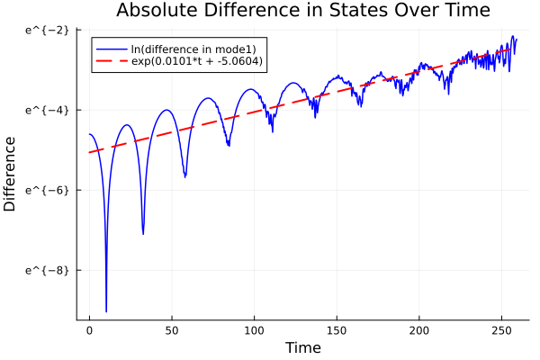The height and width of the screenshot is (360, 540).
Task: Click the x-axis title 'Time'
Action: coord(303,347)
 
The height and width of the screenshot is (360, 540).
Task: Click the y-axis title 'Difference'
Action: coord(10,174)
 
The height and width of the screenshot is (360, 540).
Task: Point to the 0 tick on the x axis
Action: coord(89,330)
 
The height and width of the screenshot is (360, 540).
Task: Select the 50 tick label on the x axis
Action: coord(171,330)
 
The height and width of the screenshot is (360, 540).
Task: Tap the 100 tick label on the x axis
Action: coord(254,330)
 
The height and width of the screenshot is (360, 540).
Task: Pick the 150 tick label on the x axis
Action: coord(337,330)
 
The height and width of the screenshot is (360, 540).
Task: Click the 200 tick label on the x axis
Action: coord(418,330)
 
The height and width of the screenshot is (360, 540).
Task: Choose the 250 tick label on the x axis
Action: coord(501,330)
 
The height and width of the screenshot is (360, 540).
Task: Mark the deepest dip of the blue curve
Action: coord(106,310)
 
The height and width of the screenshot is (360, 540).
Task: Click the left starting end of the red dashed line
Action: coord(89,152)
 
